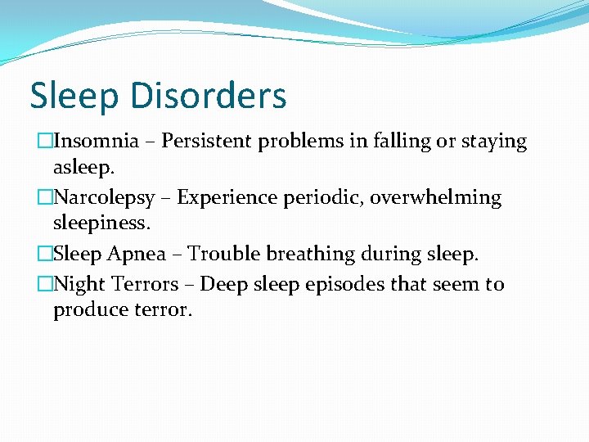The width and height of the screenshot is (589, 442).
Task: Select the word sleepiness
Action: coord(101,223)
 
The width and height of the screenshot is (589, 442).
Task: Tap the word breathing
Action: coord(315,255)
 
